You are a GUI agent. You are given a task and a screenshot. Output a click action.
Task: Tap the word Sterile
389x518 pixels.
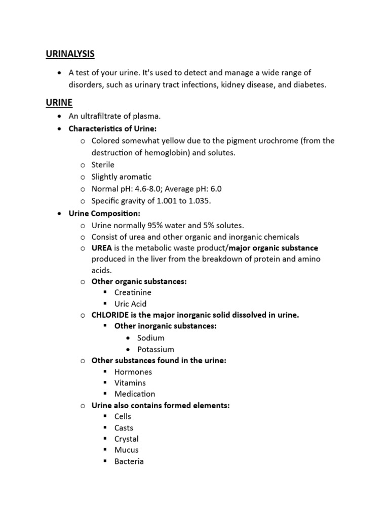(x=103, y=165)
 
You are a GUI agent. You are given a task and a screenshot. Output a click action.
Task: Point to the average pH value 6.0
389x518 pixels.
(x=215, y=189)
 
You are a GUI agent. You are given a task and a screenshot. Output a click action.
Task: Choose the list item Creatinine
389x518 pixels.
(x=133, y=292)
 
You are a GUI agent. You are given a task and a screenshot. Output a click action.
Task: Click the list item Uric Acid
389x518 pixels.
(x=130, y=304)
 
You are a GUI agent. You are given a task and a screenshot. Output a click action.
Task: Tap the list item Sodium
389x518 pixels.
(x=150, y=338)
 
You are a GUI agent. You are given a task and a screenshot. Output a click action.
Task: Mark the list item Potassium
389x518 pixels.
(x=155, y=350)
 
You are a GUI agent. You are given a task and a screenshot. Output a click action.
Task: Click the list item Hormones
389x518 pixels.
(x=133, y=372)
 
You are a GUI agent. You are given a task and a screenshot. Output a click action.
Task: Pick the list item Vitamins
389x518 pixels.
(x=130, y=383)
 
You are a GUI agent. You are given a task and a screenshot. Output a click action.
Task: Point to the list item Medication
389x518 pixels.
(x=135, y=394)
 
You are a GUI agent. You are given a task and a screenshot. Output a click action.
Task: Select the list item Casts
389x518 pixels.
(x=124, y=428)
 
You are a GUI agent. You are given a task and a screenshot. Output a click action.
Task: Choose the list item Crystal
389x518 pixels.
(x=126, y=439)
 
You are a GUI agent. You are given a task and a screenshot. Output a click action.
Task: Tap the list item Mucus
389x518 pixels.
(x=126, y=450)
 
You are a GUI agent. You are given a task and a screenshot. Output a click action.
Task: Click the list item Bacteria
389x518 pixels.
(x=129, y=461)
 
